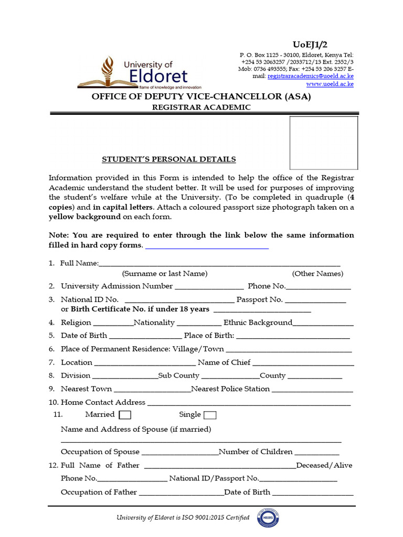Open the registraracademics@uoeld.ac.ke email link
click(310, 76)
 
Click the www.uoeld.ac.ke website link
click(330, 84)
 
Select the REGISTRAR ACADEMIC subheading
click(201, 108)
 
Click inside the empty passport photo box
click(324, 143)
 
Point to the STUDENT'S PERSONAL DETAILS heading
click(168, 159)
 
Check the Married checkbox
click(125, 415)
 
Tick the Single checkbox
click(210, 415)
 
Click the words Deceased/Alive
click(324, 466)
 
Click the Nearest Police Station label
click(230, 389)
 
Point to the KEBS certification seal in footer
click(268, 518)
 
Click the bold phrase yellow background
click(84, 217)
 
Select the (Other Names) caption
click(317, 274)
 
